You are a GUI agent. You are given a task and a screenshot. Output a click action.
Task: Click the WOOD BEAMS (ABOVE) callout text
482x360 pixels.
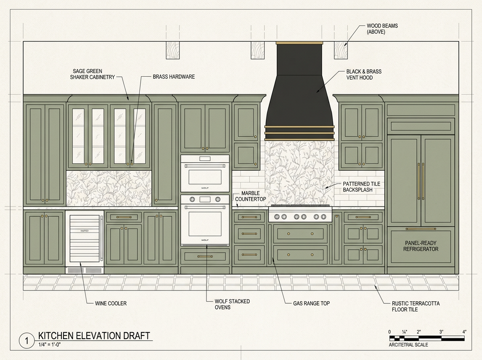(x=382, y=29)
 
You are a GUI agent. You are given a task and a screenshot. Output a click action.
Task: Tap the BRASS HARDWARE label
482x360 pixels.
(x=174, y=77)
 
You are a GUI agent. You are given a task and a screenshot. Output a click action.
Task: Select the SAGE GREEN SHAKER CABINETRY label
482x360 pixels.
(x=92, y=74)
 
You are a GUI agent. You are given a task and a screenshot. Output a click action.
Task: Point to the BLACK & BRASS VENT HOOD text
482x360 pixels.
(x=364, y=74)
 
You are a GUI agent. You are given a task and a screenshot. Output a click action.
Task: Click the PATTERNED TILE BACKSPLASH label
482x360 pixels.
(x=361, y=187)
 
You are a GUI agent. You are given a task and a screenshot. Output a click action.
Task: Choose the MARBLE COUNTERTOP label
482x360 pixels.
(x=251, y=196)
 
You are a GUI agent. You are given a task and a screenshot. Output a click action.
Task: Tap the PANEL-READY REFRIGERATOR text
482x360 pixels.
(x=421, y=246)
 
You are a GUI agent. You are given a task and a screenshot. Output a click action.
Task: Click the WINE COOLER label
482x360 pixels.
(x=111, y=303)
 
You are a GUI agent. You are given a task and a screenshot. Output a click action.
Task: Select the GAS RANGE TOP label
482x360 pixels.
(x=311, y=303)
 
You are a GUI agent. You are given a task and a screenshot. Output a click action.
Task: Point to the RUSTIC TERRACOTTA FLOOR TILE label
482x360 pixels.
(x=416, y=307)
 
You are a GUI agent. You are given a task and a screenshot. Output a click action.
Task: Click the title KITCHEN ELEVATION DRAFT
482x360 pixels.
(x=94, y=335)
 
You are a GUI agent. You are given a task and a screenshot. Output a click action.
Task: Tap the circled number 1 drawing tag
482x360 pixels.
(x=27, y=341)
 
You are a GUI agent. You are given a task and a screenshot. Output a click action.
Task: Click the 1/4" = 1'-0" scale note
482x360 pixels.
(x=49, y=344)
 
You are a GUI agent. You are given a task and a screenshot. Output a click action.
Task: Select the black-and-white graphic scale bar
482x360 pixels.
(x=427, y=338)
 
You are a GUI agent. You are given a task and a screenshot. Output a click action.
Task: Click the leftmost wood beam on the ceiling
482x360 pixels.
(x=173, y=50)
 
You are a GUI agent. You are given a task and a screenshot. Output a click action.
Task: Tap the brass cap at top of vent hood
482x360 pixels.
(x=299, y=43)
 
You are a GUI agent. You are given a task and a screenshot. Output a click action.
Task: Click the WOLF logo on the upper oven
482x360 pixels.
(x=205, y=188)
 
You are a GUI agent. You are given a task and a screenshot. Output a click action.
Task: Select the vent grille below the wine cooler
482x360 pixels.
(x=84, y=270)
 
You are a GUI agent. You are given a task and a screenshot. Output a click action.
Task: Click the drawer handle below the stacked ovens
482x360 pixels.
(x=205, y=256)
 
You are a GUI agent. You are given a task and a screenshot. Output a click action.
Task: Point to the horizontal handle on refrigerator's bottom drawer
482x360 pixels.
(x=421, y=229)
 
